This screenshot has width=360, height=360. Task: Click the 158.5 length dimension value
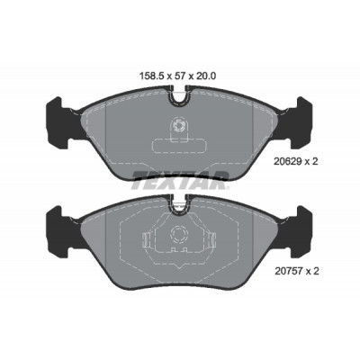click(x=151, y=76)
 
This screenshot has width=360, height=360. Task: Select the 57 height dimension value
click(x=179, y=76)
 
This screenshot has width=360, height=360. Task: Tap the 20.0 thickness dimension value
click(x=206, y=76)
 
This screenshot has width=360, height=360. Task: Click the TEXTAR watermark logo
click(x=180, y=180)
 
